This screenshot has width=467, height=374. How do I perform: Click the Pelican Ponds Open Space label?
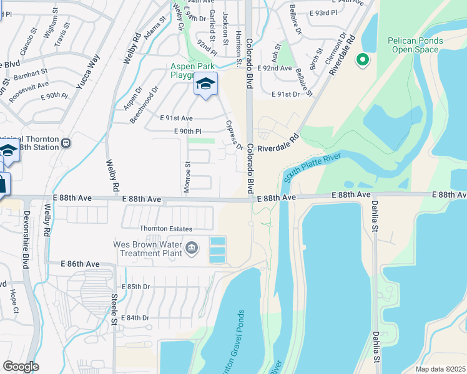pos(415,45)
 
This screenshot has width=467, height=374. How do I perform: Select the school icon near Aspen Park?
pos(205,84)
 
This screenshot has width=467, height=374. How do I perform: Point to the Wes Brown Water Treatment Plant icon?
pos(192,249)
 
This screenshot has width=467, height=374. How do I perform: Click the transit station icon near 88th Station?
pos(65,144)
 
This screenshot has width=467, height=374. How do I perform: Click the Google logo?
pos(21,367)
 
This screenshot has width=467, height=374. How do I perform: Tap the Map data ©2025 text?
pos(440,369)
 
